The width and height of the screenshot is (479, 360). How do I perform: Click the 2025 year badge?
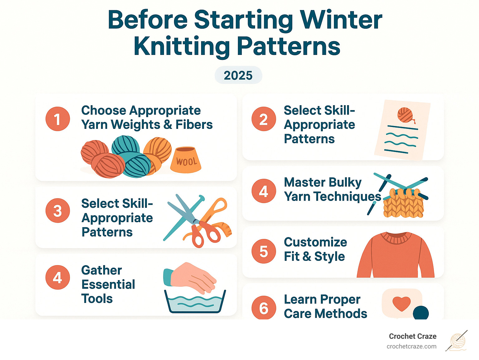[238, 75]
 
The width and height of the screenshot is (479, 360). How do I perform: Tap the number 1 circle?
[57, 119]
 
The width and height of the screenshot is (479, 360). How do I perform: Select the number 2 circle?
[264, 119]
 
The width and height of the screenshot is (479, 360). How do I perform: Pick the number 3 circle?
[57, 211]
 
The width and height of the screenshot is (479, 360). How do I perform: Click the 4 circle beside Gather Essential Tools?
[57, 277]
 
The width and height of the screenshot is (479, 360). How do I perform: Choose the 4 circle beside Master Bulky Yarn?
[264, 191]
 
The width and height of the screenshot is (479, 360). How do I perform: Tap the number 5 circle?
[264, 251]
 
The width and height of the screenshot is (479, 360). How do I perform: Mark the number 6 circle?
[264, 308]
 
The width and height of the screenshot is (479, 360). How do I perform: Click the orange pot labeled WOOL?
[186, 160]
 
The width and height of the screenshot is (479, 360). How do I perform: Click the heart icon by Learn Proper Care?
[401, 303]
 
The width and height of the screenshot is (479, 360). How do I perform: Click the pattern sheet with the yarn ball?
[402, 129]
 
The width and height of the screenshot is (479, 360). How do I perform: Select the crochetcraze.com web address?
[411, 346]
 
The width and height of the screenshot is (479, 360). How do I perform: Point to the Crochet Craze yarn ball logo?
[457, 341]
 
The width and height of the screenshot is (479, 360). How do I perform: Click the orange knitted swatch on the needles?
[403, 204]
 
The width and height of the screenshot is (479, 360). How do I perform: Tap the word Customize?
[315, 242]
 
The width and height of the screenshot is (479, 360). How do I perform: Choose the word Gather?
[101, 270]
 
